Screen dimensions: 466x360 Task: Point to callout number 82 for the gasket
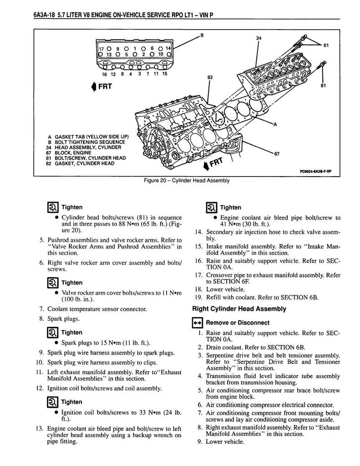tap(209, 78)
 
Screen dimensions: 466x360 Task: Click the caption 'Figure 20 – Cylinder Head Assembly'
tap(186, 180)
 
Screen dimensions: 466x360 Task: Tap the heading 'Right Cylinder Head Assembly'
tap(240, 309)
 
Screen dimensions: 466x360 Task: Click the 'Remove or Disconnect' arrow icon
tap(198, 323)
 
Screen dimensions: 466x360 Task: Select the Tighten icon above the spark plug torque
tap(52, 333)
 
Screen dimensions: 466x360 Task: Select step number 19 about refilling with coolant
tap(198, 298)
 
